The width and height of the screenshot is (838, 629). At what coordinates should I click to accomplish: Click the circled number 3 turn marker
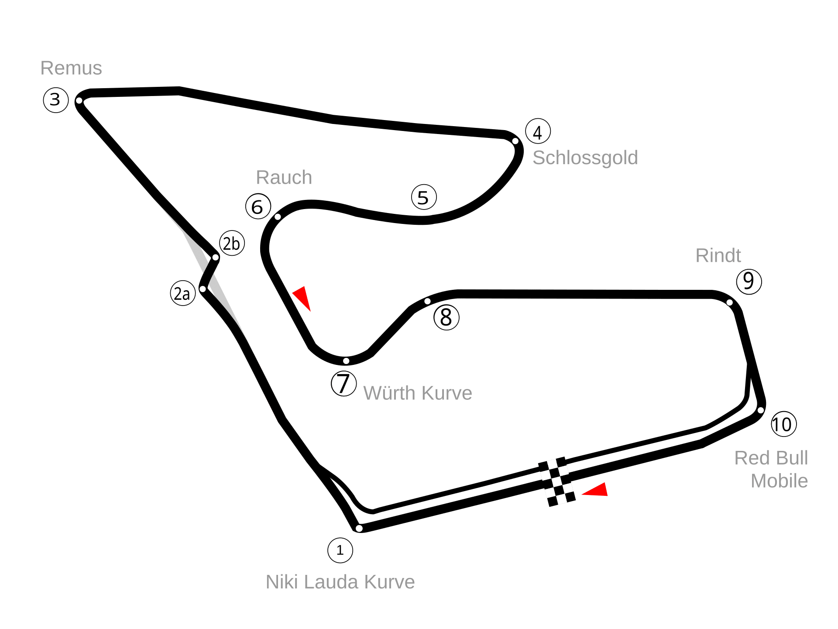[56, 100]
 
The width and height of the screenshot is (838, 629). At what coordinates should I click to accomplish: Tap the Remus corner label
[71, 68]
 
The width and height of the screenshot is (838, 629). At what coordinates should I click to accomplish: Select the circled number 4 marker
[538, 132]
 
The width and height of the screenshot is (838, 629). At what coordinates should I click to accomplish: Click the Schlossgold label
[585, 158]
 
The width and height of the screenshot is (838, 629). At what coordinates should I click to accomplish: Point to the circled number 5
[424, 197]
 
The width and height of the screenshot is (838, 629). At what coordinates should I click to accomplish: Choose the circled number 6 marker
[258, 206]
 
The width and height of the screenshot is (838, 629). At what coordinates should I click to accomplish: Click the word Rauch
[284, 178]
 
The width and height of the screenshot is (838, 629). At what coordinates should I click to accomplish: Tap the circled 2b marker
[232, 244]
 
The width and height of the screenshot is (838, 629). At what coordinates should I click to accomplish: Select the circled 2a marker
[182, 294]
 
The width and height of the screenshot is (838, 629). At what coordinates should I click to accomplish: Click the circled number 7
[344, 384]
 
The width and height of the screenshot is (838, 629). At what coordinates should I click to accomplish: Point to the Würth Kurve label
[418, 393]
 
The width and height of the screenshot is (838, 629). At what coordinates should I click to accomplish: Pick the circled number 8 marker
[446, 317]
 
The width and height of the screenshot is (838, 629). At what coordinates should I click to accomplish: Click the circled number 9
[749, 281]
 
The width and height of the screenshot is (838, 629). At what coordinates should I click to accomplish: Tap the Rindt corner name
[718, 256]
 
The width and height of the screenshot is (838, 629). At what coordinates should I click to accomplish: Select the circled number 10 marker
[783, 424]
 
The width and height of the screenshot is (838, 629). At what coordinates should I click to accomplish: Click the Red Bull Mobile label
[772, 470]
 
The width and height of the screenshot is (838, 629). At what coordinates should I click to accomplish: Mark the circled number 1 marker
[340, 550]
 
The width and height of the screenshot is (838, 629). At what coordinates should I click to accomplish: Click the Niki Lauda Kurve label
[340, 582]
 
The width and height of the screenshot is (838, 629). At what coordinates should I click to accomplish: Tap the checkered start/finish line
[556, 482]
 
